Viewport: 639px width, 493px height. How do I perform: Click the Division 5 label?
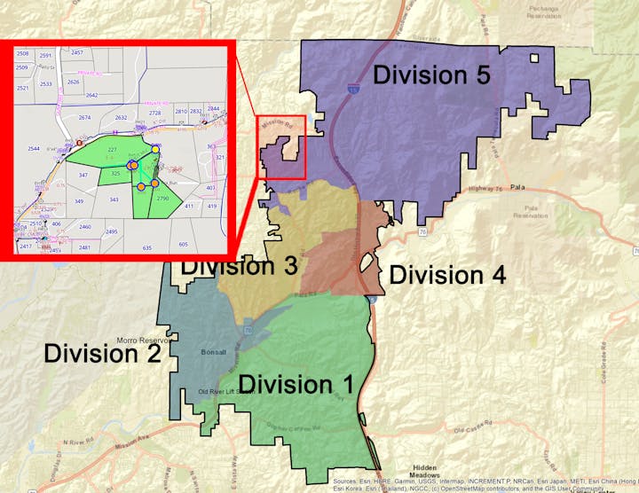pyautogui.click(x=431, y=74)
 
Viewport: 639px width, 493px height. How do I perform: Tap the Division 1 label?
pyautogui.click(x=297, y=384)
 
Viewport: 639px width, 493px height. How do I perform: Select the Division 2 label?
pyautogui.click(x=102, y=354)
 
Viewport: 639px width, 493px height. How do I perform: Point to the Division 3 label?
pyautogui.click(x=239, y=265)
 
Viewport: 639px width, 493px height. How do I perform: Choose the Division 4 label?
pyautogui.click(x=447, y=275)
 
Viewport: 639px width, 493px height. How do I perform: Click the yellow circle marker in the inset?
pyautogui.click(x=155, y=150)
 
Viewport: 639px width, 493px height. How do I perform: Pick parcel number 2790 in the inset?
pyautogui.click(x=162, y=200)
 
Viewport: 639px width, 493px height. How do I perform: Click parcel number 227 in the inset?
pyautogui.click(x=112, y=149)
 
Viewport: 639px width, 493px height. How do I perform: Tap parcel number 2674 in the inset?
pyautogui.click(x=85, y=117)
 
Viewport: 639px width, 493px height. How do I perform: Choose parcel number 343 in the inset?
pyautogui.click(x=114, y=200)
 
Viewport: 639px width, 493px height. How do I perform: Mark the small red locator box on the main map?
pyautogui.click(x=281, y=146)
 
